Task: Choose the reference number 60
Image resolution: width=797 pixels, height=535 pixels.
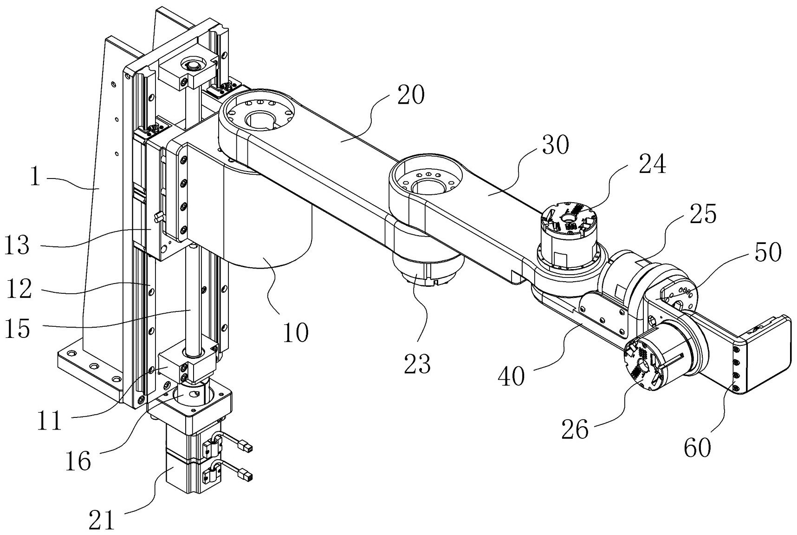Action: (698, 448)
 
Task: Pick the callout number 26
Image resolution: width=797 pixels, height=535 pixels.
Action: (575, 429)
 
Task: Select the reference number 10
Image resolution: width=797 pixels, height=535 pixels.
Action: (295, 332)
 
